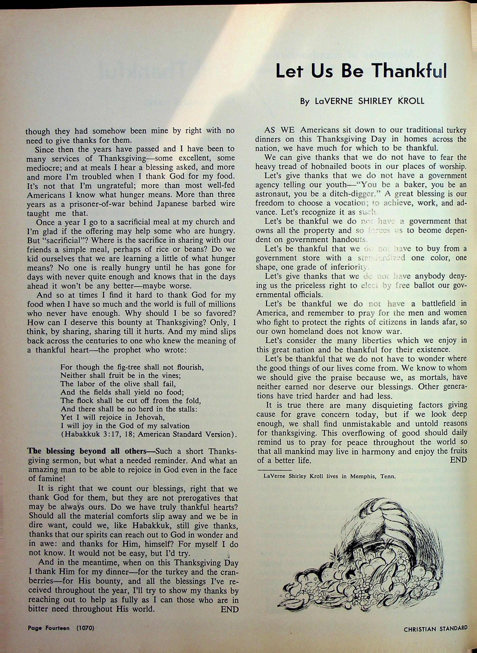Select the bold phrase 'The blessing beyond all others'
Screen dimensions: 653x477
[87, 451]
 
